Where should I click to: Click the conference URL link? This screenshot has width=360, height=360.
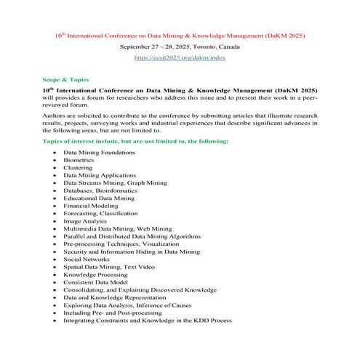(180, 57)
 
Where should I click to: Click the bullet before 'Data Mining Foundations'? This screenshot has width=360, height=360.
(55, 152)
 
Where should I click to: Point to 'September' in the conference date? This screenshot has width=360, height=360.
(136, 46)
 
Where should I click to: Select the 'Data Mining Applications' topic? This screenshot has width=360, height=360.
(100, 175)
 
